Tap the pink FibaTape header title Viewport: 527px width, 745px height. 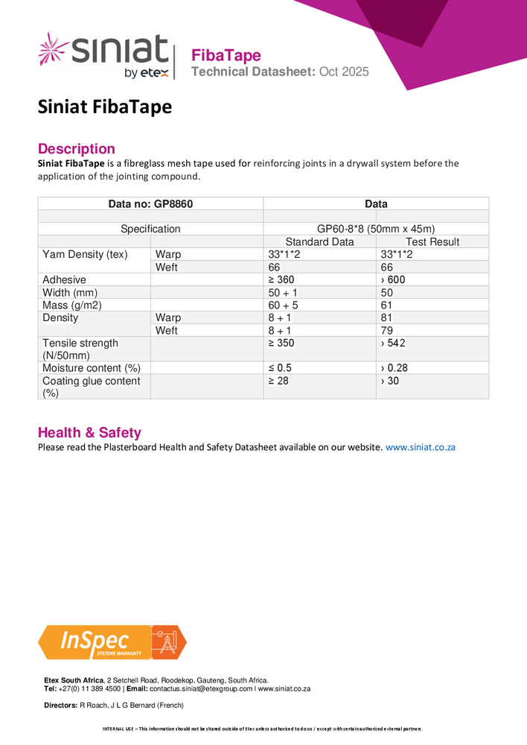tap(226, 55)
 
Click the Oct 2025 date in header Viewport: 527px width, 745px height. tap(344, 72)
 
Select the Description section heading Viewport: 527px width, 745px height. tap(76, 148)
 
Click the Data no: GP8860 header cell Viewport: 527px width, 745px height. tap(150, 203)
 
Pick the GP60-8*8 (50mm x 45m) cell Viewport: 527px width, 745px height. tap(376, 229)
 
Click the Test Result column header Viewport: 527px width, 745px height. tap(432, 241)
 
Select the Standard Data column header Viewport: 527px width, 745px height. tap(319, 241)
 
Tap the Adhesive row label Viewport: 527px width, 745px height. tap(64, 279)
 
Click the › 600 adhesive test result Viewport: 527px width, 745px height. tap(393, 279)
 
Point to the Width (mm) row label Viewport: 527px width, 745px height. tap(70, 292)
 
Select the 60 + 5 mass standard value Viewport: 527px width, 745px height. tap(283, 305)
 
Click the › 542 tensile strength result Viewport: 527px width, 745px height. tap(393, 343)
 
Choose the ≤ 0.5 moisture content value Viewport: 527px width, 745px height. tap(280, 368)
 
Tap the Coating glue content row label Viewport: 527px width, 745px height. tap(91, 386)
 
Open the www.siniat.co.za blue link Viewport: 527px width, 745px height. tap(420, 447)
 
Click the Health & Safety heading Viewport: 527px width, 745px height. tap(89, 433)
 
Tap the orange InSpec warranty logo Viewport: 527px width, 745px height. tap(112, 642)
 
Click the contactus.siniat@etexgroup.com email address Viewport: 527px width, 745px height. tap(201, 688)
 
